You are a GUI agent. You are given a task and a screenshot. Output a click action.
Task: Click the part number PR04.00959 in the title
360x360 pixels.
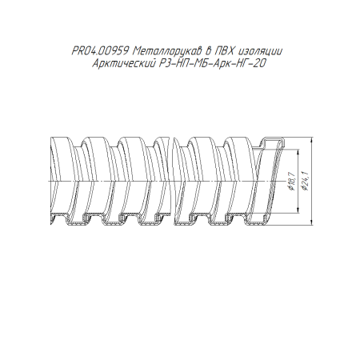pos(100,51)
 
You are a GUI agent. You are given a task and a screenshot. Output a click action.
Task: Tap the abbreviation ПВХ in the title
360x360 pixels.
pos(224,51)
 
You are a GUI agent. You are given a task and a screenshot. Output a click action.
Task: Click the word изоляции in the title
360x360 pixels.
pos(259,51)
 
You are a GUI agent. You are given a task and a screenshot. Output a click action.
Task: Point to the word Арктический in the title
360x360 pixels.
pos(123,63)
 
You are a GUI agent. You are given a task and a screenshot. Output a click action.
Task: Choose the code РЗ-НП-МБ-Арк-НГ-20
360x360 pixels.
pos(213,63)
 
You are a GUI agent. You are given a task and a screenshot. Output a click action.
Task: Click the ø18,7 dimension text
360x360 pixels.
pos(291,182)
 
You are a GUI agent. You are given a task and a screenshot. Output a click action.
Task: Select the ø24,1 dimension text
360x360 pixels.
pos(306,182)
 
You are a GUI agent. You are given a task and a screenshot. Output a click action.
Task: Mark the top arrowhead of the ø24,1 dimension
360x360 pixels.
pos(312,140)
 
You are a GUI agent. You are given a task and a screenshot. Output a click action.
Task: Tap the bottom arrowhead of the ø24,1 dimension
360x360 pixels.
pos(312,221)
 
